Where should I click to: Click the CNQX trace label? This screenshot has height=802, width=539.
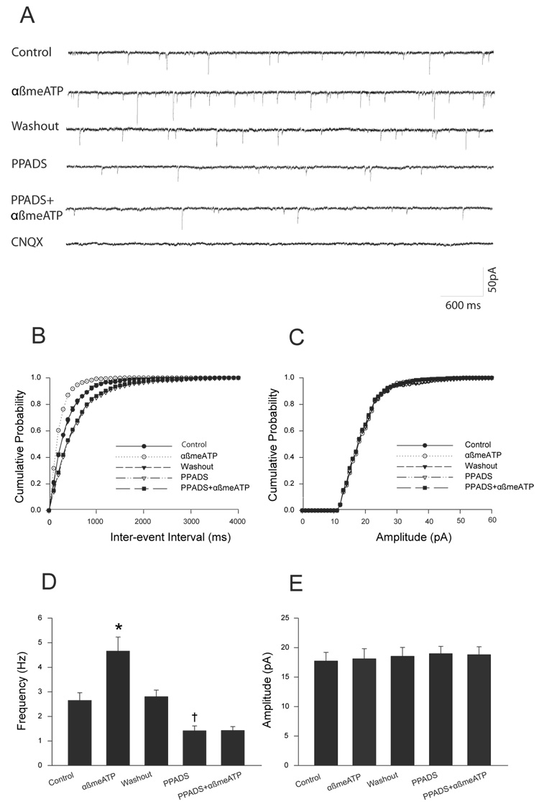[27, 244]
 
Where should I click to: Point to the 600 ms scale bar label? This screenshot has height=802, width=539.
[461, 305]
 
